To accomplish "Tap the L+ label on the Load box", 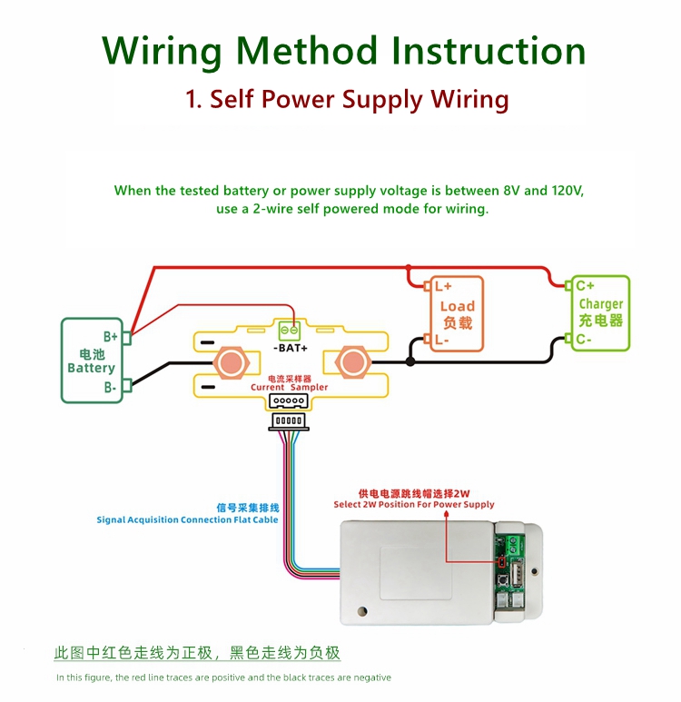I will tap(443, 285).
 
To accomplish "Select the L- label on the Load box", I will tap(442, 341).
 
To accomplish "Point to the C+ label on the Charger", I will tap(586, 285).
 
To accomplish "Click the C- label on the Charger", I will tap(585, 340).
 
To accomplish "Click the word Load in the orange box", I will tap(458, 306).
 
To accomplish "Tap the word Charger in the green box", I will tap(601, 304).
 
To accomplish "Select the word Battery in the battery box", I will tap(91, 369).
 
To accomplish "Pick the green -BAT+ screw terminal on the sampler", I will tap(291, 331).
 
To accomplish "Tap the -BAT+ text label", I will tap(291, 348).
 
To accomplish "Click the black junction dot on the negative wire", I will tap(410, 361).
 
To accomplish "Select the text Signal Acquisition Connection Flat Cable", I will tap(187, 520).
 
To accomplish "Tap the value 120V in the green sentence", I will tap(567, 191).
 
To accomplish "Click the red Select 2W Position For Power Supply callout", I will tap(414, 504).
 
